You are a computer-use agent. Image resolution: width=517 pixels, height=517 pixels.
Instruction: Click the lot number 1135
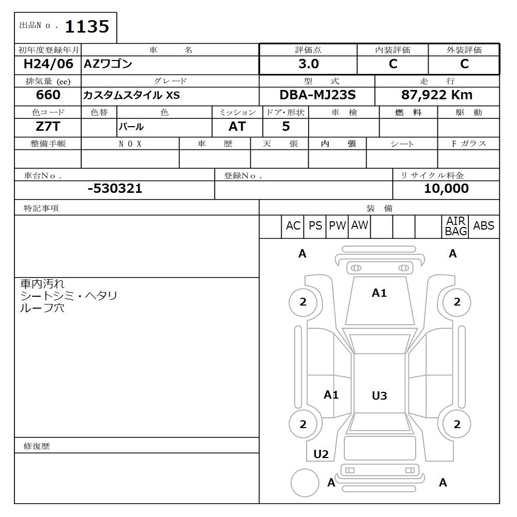(86, 26)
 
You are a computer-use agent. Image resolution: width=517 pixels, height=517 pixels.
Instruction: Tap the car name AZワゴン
(109, 64)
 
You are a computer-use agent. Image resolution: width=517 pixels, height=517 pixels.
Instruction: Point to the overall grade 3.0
(308, 64)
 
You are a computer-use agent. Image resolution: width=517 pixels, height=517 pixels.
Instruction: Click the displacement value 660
(48, 95)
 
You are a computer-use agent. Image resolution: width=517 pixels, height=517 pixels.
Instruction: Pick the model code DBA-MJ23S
(317, 95)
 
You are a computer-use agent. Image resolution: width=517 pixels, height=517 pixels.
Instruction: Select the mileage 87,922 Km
(437, 95)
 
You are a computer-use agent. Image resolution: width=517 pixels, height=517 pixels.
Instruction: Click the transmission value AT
(237, 126)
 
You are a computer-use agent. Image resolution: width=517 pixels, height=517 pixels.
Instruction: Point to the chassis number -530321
(115, 189)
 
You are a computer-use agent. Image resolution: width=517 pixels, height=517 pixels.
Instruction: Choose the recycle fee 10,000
(446, 189)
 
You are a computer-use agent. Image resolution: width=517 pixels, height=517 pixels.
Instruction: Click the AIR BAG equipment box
(455, 226)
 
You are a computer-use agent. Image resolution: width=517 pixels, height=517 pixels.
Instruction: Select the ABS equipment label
(483, 226)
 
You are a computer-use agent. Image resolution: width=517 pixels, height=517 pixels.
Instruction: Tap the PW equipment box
(337, 226)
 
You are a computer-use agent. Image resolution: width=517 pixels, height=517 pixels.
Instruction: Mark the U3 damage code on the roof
(379, 396)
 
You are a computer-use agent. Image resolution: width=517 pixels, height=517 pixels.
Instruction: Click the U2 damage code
(321, 454)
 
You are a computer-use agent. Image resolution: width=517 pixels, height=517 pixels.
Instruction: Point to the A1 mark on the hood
(379, 293)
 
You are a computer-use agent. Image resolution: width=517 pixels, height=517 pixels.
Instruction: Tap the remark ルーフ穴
(42, 308)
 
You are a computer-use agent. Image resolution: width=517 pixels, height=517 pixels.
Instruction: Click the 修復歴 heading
(37, 446)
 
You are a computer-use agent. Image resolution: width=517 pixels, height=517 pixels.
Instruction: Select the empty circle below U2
(305, 483)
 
